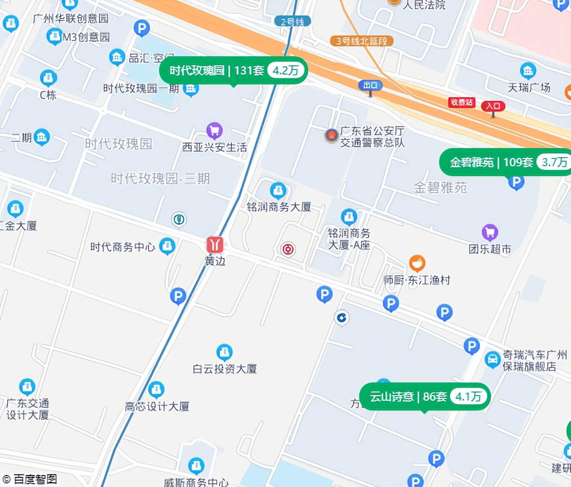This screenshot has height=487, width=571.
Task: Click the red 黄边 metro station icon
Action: pyautogui.click(x=215, y=244)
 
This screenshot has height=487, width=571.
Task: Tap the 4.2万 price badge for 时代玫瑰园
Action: pyautogui.click(x=285, y=70)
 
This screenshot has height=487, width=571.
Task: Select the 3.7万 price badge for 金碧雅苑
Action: pyautogui.click(x=554, y=162)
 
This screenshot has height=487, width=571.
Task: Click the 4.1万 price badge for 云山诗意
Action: pyautogui.click(x=468, y=397)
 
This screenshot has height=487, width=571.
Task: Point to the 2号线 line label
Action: pyautogui.click(x=292, y=21)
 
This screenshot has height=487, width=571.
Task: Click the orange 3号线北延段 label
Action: pyautogui.click(x=361, y=41)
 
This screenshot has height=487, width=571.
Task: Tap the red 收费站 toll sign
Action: pyautogui.click(x=461, y=102)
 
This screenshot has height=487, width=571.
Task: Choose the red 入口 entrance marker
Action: pyautogui.click(x=493, y=106)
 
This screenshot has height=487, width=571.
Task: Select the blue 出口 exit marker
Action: pyautogui.click(x=370, y=85)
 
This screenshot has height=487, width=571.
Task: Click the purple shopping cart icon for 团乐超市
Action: pyautogui.click(x=490, y=233)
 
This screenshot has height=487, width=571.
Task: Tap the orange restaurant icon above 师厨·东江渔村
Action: pyautogui.click(x=417, y=263)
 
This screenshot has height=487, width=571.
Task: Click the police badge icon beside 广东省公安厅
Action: pyautogui.click(x=331, y=136)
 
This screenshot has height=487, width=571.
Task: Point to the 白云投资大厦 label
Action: pyautogui.click(x=225, y=369)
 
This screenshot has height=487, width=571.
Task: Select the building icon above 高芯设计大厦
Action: pyautogui.click(x=156, y=389)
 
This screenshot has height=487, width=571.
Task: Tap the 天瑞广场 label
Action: pyautogui.click(x=529, y=87)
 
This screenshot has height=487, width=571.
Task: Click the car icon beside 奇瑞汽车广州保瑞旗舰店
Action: pyautogui.click(x=492, y=360)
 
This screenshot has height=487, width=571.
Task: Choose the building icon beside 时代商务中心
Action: pyautogui.click(x=167, y=246)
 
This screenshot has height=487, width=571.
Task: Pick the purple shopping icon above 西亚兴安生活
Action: pyautogui.click(x=214, y=131)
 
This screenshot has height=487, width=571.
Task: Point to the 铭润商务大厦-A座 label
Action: pyautogui.click(x=349, y=239)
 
